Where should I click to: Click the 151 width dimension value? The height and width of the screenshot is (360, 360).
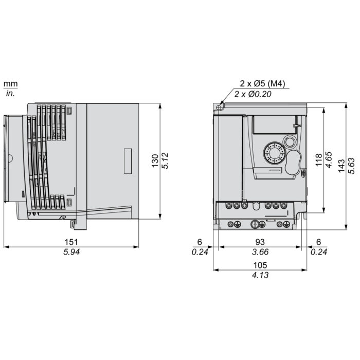(x=71, y=242)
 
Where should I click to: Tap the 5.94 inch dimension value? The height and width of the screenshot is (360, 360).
(x=71, y=252)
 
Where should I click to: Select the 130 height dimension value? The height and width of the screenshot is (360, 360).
(x=155, y=160)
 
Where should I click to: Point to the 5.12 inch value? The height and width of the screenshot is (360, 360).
(x=165, y=160)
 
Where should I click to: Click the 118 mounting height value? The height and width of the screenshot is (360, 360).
(x=319, y=160)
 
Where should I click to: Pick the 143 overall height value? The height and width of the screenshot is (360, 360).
(x=341, y=166)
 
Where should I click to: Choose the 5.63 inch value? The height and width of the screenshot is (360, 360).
(x=351, y=166)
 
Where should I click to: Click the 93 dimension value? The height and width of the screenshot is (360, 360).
(x=260, y=242)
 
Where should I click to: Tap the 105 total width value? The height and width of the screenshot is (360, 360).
(x=260, y=265)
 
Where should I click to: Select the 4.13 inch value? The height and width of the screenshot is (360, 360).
(x=260, y=275)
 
